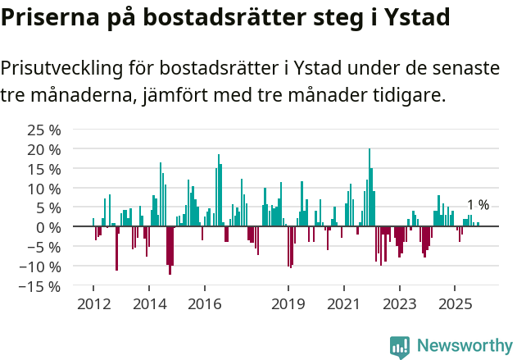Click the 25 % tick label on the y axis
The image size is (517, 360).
[x=44, y=130]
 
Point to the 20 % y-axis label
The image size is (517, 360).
[x=44, y=149]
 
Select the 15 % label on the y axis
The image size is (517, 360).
[x=44, y=169]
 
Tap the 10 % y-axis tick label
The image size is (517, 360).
[x=44, y=189]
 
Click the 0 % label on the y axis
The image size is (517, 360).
[x=48, y=227]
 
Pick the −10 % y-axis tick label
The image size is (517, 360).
[x=41, y=267]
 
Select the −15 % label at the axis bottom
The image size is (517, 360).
[x=41, y=286]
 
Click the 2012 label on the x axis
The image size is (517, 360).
[x=93, y=304]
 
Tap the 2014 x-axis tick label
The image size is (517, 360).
[x=149, y=304]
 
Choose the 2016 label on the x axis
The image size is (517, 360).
[x=205, y=304]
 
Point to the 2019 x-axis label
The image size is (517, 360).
[x=288, y=304]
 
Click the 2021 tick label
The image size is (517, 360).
[x=344, y=304]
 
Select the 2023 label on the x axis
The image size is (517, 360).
[x=400, y=304]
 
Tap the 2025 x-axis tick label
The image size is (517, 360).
[x=456, y=304]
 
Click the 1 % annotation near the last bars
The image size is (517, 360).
[x=478, y=205]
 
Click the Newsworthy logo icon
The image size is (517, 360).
[x=400, y=347]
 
